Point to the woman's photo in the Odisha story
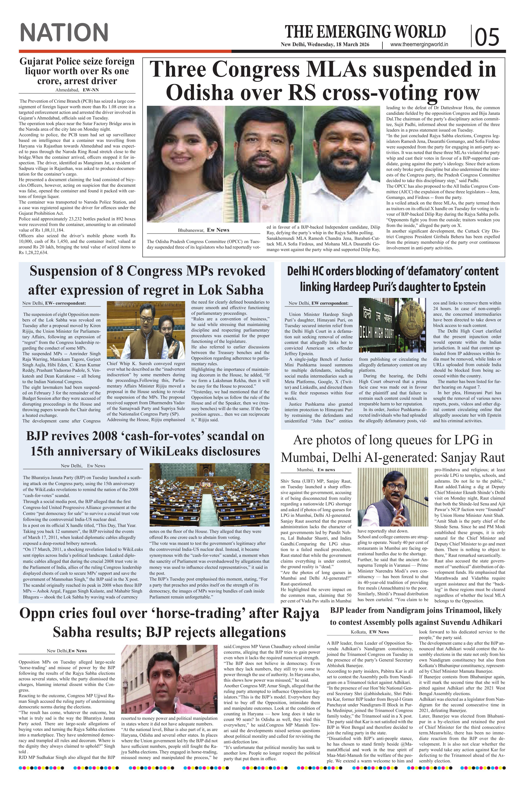pyautogui.click(x=185, y=164)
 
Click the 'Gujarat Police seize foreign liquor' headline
pyautogui.click(x=77, y=71)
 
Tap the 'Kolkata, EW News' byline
pyautogui.click(x=370, y=632)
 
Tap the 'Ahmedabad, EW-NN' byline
pyautogui.click(x=77, y=90)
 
